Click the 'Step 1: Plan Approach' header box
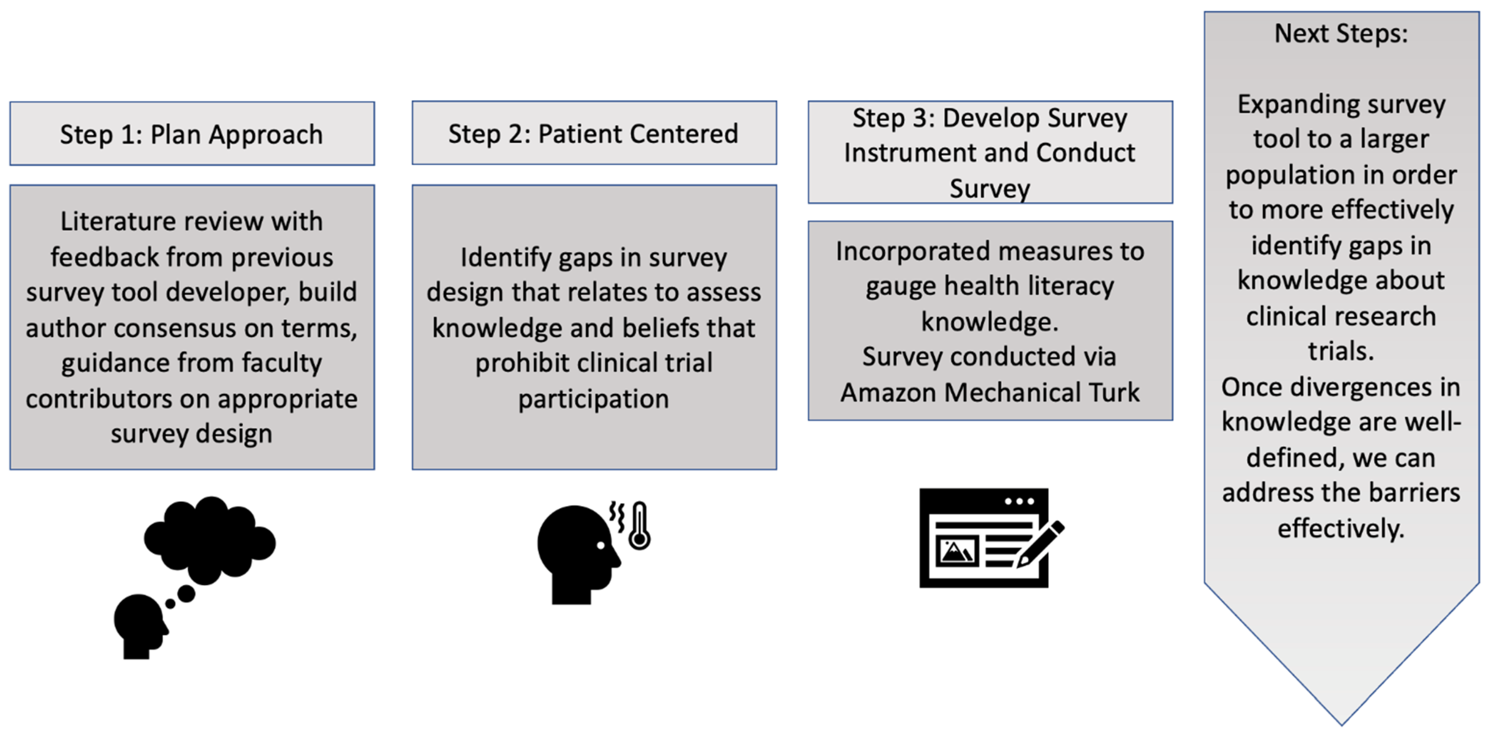coord(192,134)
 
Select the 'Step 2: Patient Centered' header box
coord(594,133)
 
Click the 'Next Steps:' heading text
coord(1341,33)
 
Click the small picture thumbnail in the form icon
coord(957,551)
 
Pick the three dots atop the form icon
coord(1019,501)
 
